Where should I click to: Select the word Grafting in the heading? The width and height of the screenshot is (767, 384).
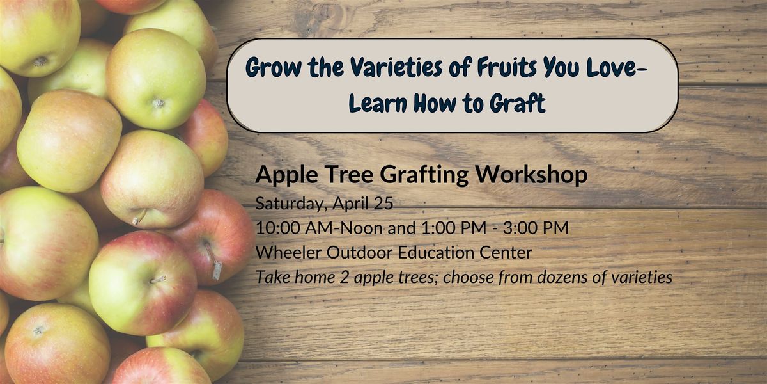click(x=424, y=175)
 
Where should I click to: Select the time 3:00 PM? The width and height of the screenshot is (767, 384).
click(x=536, y=228)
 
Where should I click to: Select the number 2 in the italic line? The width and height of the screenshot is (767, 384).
click(x=344, y=277)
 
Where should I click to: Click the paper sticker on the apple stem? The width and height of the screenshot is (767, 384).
click(x=217, y=271)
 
